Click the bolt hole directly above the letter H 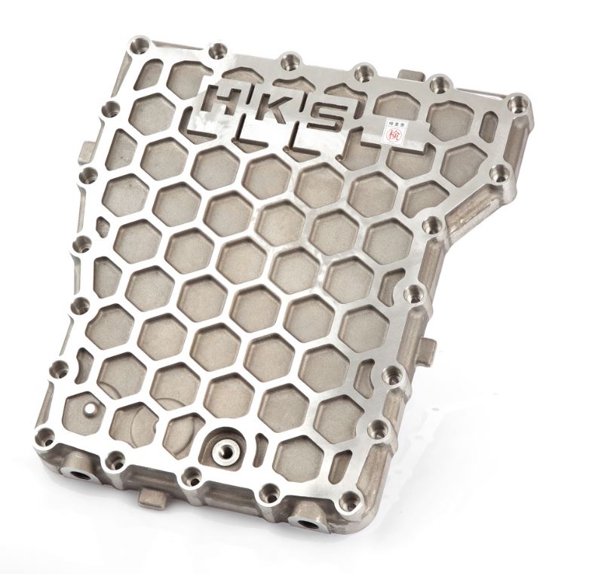pos(219,52)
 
